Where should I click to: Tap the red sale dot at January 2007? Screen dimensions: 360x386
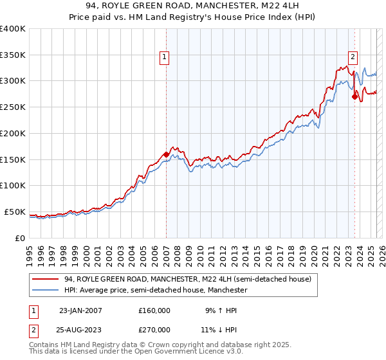click(166, 154)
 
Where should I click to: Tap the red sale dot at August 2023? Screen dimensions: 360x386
click(354, 97)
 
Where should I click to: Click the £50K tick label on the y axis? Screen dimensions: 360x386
click(15, 212)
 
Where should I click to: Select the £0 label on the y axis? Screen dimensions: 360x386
click(21, 238)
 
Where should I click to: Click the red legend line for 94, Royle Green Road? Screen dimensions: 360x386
click(46, 280)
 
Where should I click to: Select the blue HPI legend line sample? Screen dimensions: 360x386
click(46, 291)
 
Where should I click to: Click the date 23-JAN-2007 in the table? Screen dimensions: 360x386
click(80, 310)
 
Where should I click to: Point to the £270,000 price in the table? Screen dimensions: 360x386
click(154, 328)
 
